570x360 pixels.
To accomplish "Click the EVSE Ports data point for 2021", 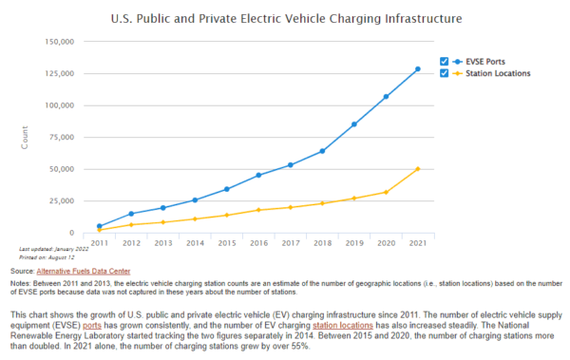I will [x=417, y=69].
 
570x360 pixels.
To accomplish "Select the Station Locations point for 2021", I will [x=417, y=169].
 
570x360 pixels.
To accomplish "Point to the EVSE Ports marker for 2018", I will [x=322, y=151].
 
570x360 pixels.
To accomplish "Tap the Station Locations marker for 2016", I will [x=258, y=210].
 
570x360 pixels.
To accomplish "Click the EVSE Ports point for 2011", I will [x=100, y=226].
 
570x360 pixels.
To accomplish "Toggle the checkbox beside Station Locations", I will [x=444, y=73].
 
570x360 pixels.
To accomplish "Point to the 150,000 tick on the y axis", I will [x=59, y=42].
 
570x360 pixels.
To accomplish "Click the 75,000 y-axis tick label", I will [x=62, y=137].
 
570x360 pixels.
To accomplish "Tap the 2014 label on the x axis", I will [x=195, y=243].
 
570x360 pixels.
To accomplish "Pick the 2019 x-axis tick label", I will [x=353, y=243].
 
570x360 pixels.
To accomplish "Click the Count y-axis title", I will [x=26, y=137].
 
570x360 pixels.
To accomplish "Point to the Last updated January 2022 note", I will [x=53, y=250].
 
